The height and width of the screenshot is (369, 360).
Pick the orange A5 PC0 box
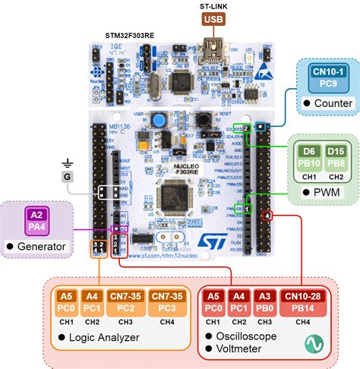66,302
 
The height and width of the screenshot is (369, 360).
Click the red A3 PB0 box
263,302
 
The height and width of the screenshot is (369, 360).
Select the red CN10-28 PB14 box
302,302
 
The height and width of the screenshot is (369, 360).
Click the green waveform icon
313,345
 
